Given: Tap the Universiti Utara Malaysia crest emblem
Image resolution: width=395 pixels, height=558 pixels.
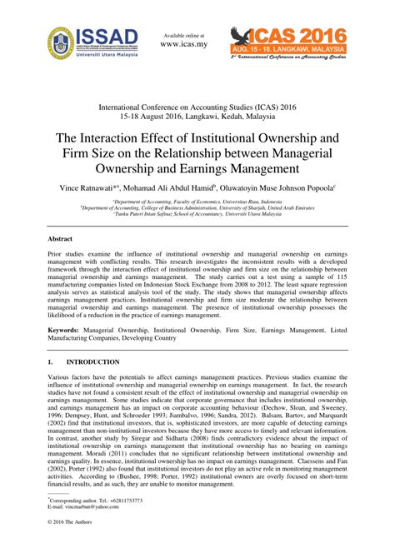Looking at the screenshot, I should pyautogui.click(x=62, y=42).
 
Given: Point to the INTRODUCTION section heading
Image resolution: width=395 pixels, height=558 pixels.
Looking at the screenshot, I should pyautogui.click(x=93, y=362).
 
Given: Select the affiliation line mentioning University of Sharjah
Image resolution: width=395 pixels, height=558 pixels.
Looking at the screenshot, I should pyautogui.click(x=197, y=207).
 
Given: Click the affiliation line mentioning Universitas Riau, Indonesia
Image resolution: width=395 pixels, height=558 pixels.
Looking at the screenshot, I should pyautogui.click(x=197, y=202).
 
